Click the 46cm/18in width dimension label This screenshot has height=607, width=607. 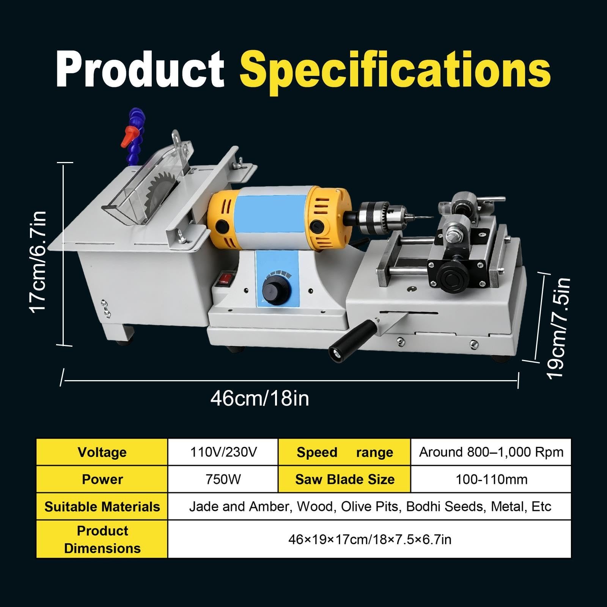(259, 398)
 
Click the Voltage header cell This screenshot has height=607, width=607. (102, 452)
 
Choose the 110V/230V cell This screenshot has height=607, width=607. (223, 452)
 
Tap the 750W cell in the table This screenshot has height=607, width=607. (223, 479)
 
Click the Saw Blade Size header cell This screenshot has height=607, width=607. (345, 479)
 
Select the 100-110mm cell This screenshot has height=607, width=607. (491, 479)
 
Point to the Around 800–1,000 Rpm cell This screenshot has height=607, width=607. (491, 452)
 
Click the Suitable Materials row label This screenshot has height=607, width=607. (102, 507)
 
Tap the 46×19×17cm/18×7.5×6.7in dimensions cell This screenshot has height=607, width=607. (370, 539)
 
